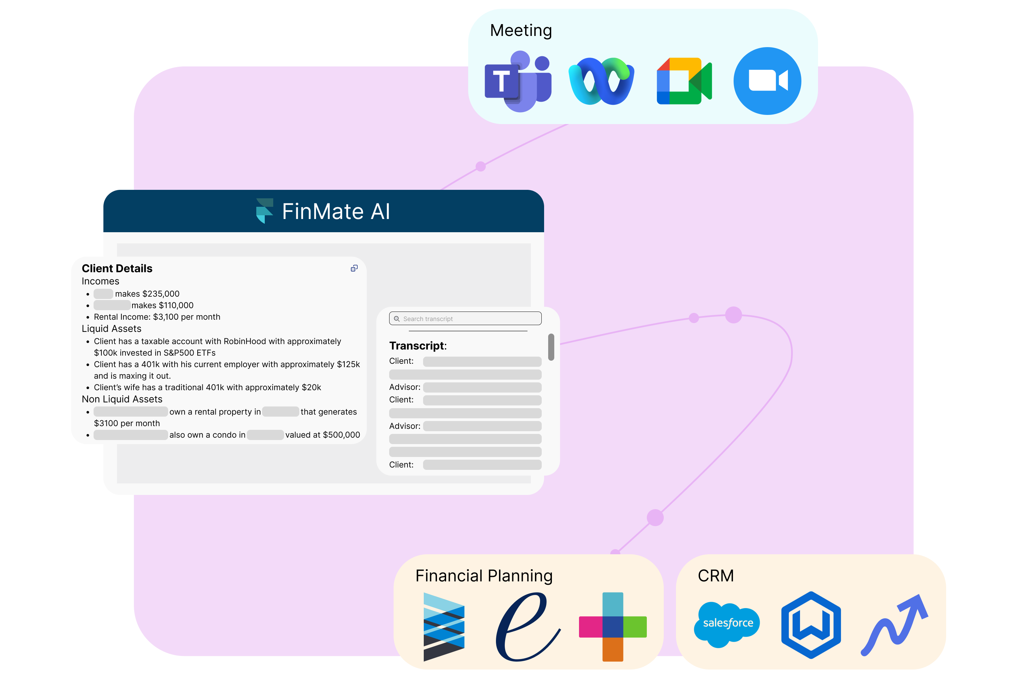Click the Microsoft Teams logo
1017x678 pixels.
pos(518,81)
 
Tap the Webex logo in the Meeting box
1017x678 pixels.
pos(601,81)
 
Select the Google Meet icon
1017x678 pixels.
pos(684,81)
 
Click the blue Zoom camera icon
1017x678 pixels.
pos(767,81)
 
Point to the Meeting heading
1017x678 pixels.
pos(521,30)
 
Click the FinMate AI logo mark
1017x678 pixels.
pos(265,211)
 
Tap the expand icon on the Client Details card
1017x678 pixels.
pos(354,268)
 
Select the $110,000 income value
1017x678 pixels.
pos(176,305)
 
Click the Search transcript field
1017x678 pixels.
pos(465,319)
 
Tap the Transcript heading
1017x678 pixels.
pos(418,346)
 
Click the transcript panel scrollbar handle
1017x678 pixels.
pos(551,347)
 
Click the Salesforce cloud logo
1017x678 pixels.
pos(726,624)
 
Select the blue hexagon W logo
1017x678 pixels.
pos(811,625)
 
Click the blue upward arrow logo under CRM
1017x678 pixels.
pos(894,625)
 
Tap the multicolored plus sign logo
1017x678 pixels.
pos(613,627)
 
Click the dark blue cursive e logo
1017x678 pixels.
pos(527,627)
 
